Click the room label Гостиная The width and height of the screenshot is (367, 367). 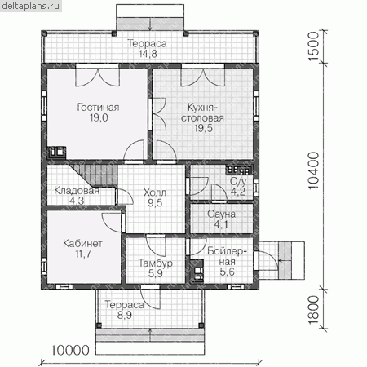pyautogui.click(x=98, y=108)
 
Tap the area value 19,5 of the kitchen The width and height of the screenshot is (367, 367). pyautogui.click(x=203, y=128)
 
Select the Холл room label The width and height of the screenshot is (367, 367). pyautogui.click(x=155, y=192)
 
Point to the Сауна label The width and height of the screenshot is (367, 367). pyautogui.click(x=221, y=214)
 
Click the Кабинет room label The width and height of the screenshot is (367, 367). pyautogui.click(x=82, y=243)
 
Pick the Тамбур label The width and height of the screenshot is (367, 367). pyautogui.click(x=156, y=263)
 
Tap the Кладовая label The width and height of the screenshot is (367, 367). pyautogui.click(x=77, y=191)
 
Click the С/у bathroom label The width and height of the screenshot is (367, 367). pyautogui.click(x=238, y=181)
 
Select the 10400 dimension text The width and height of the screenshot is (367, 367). pyautogui.click(x=313, y=170)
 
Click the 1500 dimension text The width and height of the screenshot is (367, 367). pyautogui.click(x=313, y=46)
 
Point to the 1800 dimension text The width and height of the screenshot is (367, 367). pyautogui.click(x=313, y=310)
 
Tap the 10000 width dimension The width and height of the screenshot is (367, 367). pyautogui.click(x=70, y=351)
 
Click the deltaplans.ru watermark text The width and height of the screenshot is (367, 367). pyautogui.click(x=31, y=6)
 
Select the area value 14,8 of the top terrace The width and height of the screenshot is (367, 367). pyautogui.click(x=148, y=54)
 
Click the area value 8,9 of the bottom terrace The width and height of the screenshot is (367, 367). pyautogui.click(x=125, y=315)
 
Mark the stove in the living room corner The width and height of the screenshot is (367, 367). pyautogui.click(x=57, y=153)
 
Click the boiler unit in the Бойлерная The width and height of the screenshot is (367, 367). pyautogui.click(x=197, y=272)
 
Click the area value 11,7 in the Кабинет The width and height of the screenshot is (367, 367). pyautogui.click(x=83, y=254)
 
